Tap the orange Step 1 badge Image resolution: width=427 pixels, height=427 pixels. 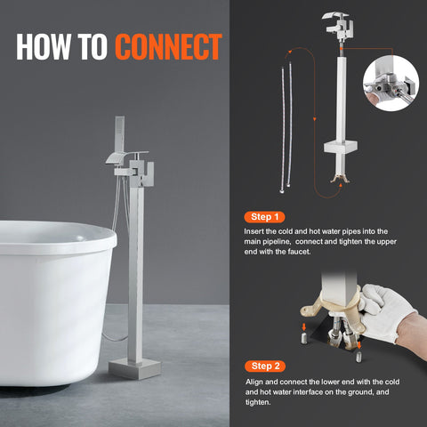pos(266,216)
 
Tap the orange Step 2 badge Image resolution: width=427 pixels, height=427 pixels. pos(266,366)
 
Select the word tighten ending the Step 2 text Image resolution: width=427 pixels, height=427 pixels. pos(258,401)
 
